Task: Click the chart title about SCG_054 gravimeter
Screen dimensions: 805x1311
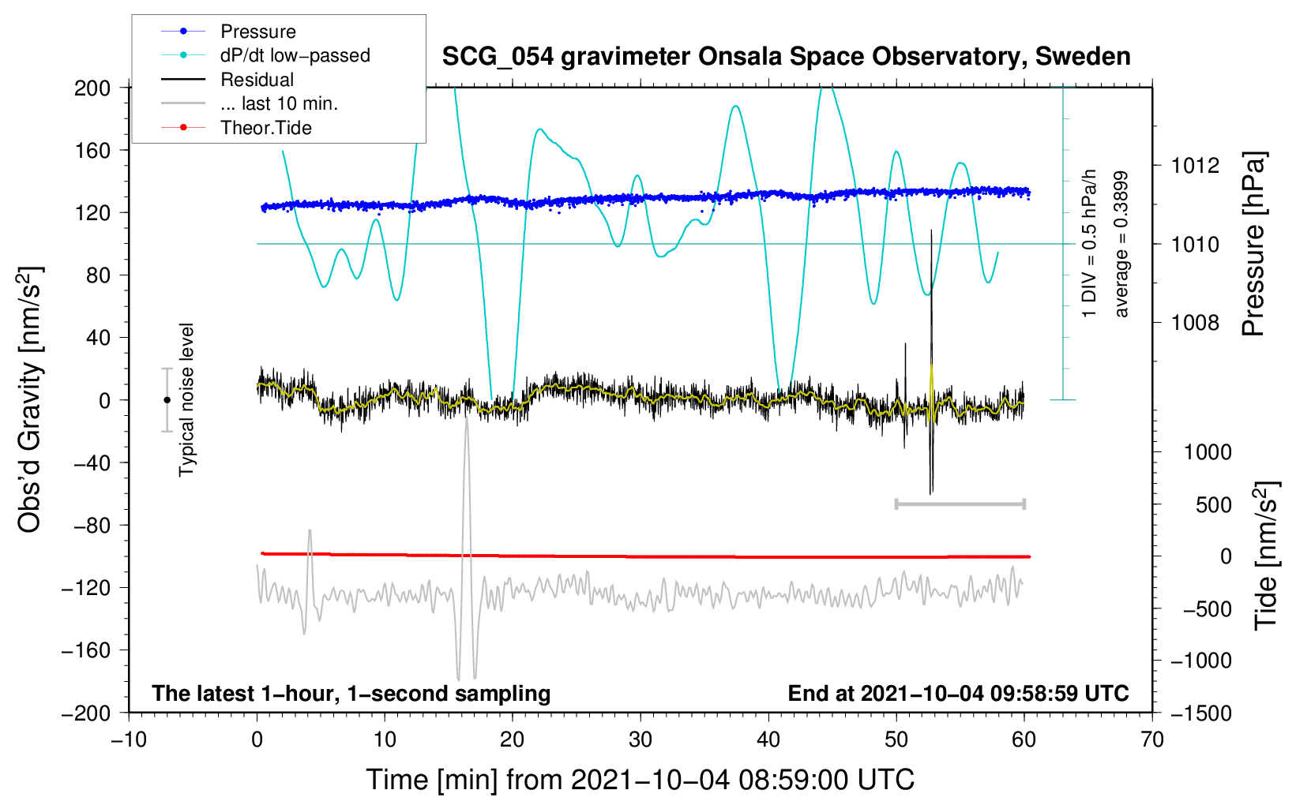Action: (x=786, y=57)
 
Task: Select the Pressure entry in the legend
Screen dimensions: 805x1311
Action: (x=258, y=32)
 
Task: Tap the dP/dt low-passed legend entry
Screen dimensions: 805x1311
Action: (x=295, y=55)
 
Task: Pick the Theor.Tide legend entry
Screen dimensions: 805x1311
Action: (x=266, y=128)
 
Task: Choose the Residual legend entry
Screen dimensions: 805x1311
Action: (x=257, y=80)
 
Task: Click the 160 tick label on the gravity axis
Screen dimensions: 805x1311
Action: (x=92, y=150)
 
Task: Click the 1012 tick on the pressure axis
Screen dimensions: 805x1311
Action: (x=1195, y=166)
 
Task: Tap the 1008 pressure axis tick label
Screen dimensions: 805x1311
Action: (x=1195, y=322)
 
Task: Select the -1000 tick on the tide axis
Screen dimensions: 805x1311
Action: (x=1201, y=661)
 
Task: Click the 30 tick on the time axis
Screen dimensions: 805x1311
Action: (x=640, y=740)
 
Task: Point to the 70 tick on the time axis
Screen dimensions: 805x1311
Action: (x=1152, y=740)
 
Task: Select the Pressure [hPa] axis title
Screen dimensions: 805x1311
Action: (x=1253, y=245)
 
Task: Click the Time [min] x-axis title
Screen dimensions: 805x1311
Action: (x=640, y=780)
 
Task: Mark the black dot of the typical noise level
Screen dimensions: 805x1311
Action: (x=167, y=400)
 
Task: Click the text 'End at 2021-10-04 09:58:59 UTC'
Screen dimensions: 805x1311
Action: (x=958, y=694)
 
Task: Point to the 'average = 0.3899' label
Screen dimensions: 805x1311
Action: (x=1121, y=245)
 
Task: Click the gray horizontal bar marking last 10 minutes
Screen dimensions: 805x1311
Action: (x=960, y=504)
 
